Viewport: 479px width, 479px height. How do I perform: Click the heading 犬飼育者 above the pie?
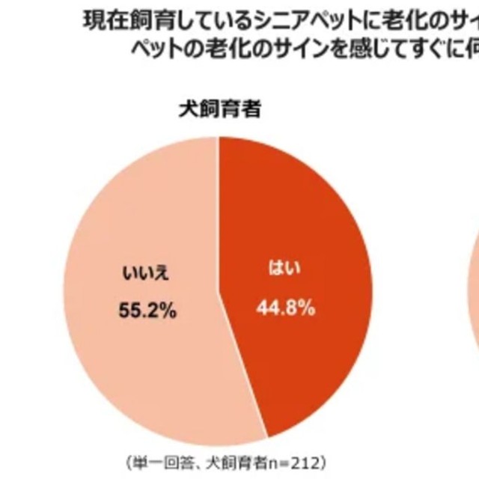219,109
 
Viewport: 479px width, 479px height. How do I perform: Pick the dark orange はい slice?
299,225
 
